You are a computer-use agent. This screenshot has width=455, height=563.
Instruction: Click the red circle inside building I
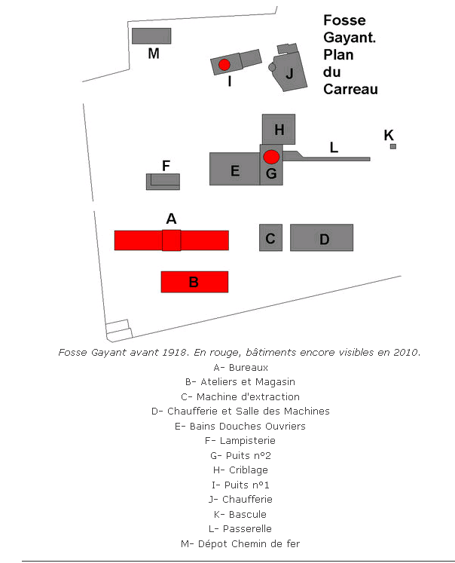click(224, 65)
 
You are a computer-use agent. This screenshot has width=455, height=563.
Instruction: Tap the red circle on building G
click(271, 157)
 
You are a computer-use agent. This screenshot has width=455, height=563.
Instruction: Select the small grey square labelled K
click(392, 146)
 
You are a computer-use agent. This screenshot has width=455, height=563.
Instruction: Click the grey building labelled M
click(151, 36)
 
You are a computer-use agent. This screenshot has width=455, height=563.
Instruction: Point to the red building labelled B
click(194, 282)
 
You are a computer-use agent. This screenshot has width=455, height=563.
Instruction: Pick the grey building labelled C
click(270, 238)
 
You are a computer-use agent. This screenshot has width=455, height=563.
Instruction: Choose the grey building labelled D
click(322, 238)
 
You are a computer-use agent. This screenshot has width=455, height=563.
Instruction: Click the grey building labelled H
click(279, 129)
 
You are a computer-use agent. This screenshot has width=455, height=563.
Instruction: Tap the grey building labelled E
click(234, 169)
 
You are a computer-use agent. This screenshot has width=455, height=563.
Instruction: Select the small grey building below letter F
click(163, 182)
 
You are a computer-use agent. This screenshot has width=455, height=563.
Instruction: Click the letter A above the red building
click(171, 219)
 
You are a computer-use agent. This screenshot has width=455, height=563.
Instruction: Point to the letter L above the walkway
click(334, 147)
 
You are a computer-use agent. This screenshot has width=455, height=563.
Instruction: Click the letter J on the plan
click(290, 73)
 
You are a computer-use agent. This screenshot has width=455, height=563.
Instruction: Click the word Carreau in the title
click(350, 89)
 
